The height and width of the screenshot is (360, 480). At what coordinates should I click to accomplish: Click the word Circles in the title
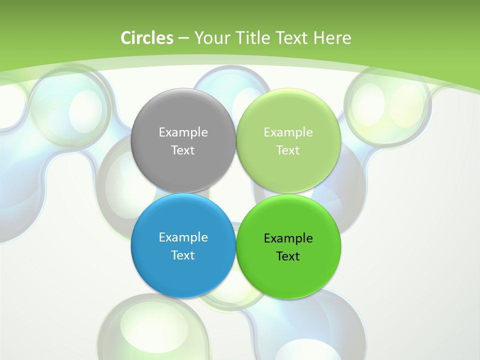pyautogui.click(x=146, y=38)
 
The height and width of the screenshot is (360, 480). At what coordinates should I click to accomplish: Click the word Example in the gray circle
pyautogui.click(x=183, y=132)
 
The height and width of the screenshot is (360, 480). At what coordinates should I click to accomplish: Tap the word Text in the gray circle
pyautogui.click(x=183, y=150)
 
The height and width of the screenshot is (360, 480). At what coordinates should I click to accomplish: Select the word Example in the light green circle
pyautogui.click(x=288, y=132)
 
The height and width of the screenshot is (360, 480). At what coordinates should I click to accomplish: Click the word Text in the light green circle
pyautogui.click(x=288, y=150)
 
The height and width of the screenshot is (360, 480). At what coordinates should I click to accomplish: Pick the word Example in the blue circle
pyautogui.click(x=183, y=237)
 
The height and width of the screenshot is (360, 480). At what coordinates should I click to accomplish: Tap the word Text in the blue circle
pyautogui.click(x=183, y=255)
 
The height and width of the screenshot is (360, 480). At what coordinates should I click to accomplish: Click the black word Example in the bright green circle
pyautogui.click(x=288, y=238)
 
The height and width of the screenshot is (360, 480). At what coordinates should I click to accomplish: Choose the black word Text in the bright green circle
pyautogui.click(x=288, y=256)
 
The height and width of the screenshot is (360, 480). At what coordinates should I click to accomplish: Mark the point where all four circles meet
pyautogui.click(x=235, y=193)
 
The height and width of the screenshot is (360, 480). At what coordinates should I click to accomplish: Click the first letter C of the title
pyautogui.click(x=126, y=38)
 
